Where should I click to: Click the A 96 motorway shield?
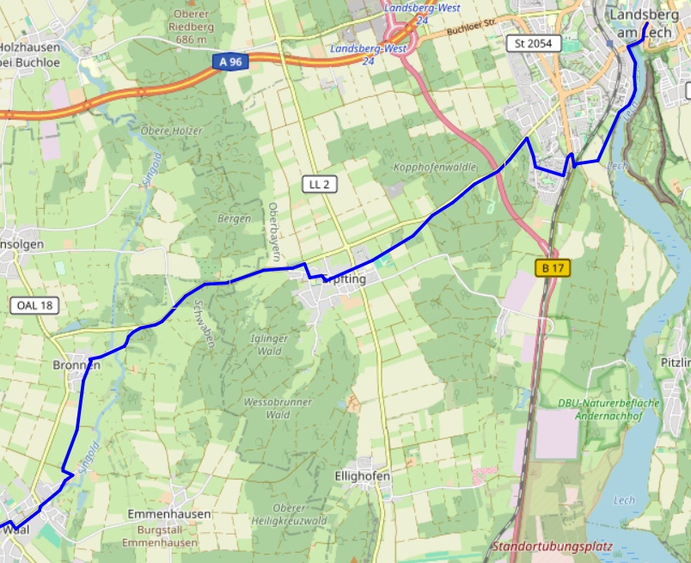point(229,62)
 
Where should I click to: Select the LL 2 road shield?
point(320,184)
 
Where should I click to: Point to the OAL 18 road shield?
point(34,305)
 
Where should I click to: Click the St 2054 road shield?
point(534,43)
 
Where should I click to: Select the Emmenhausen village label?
point(168,514)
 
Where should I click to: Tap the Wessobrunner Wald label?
point(278,408)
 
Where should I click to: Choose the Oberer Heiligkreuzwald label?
point(288,515)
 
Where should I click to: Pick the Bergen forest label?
point(234,218)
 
